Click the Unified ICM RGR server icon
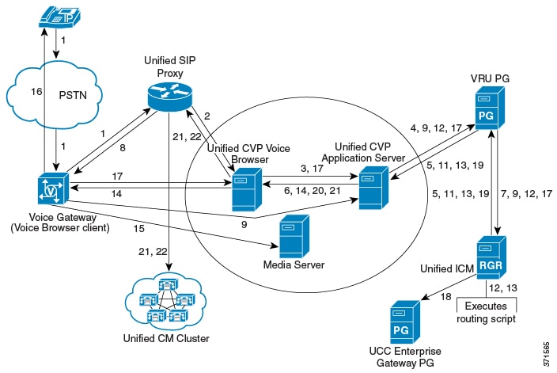[491, 255]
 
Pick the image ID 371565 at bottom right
[546, 341]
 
